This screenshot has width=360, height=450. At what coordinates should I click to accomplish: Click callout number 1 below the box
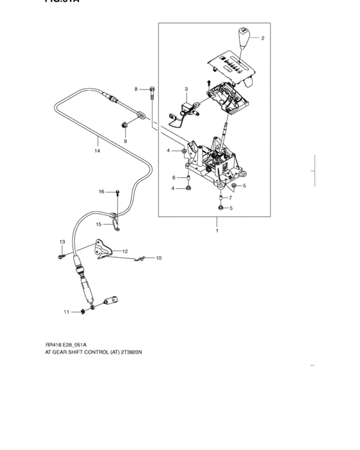tap(217, 230)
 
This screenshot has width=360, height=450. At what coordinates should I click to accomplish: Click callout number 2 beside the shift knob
tap(262, 39)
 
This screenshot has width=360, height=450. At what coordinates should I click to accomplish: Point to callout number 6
tap(172, 177)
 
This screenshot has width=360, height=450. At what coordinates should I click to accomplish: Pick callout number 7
tap(230, 198)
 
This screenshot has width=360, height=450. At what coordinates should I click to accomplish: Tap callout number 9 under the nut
tap(125, 141)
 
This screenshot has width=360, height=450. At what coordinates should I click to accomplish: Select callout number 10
tap(159, 258)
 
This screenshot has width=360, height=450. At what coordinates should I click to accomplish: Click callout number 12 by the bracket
tap(125, 251)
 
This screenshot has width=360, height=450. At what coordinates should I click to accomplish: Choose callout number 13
tap(62, 241)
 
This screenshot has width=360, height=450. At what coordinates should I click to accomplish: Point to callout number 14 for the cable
tap(97, 151)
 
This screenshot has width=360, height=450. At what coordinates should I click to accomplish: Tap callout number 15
tap(99, 224)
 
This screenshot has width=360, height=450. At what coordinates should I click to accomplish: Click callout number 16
tap(101, 192)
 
